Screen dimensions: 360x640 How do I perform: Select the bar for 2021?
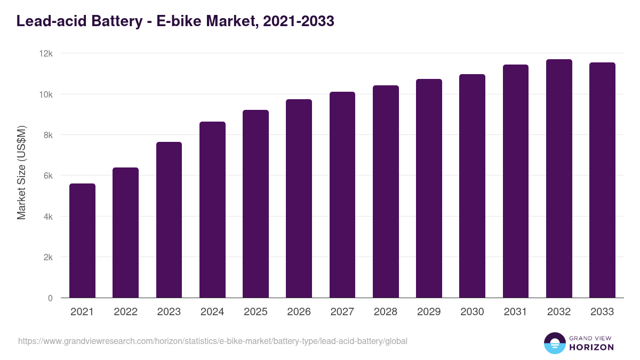[82, 241]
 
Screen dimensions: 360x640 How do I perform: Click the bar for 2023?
[169, 220]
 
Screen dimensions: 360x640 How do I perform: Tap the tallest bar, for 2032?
[559, 179]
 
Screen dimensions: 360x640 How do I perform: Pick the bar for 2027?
[342, 195]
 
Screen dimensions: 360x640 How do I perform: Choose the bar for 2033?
[602, 180]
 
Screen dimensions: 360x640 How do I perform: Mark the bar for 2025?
[255, 204]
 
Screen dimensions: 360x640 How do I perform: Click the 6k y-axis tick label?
[48, 176]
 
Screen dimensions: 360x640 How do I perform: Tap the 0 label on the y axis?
[50, 298]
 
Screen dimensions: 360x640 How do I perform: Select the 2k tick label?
[48, 257]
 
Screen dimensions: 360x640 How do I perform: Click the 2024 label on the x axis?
[212, 312]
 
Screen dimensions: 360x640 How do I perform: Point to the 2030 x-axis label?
[472, 312]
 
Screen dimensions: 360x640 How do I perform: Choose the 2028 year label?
[386, 312]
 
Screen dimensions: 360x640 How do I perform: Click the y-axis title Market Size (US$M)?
[21, 172]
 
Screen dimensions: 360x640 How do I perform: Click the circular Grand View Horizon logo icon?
[554, 343]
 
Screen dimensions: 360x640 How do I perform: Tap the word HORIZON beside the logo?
[592, 347]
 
